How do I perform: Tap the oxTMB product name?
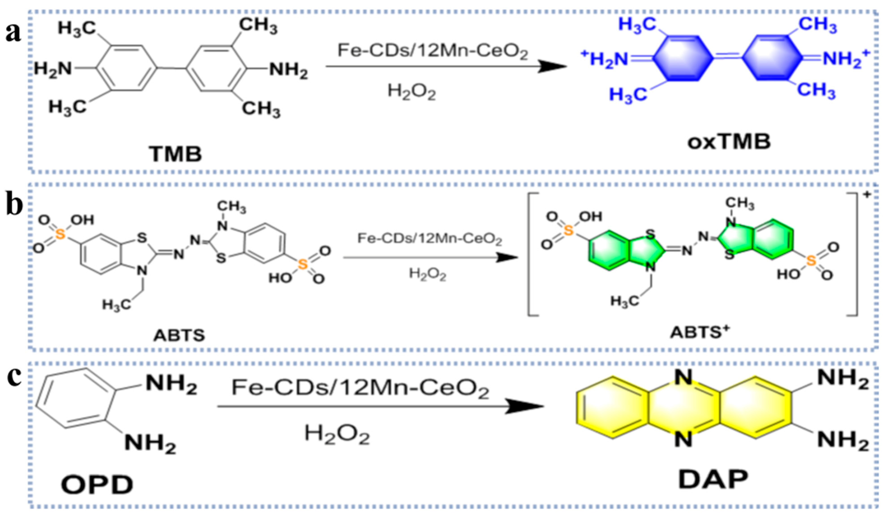(729, 142)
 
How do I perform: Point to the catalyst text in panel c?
(360, 389)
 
